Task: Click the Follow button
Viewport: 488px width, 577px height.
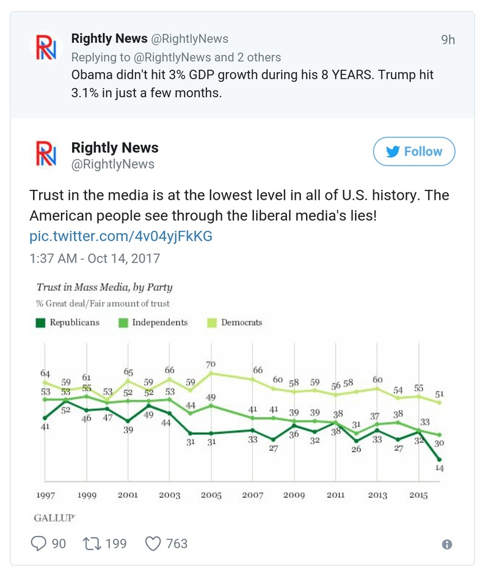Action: (413, 151)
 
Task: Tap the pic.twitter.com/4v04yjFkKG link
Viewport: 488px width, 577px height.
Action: (121, 236)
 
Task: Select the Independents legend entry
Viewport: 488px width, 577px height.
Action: (153, 322)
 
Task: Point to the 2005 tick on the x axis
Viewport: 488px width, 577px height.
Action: (211, 495)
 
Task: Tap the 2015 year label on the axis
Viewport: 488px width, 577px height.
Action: (418, 495)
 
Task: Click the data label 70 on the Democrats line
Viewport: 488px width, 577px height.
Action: (211, 365)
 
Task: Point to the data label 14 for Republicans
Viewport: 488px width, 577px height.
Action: (439, 468)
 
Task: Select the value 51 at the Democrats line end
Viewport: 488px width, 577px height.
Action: (439, 394)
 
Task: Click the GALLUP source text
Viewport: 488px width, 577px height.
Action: (54, 517)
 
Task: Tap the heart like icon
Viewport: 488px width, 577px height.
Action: (153, 543)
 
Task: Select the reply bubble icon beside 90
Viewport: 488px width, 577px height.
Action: (38, 543)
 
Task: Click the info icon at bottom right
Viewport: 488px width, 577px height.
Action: (447, 544)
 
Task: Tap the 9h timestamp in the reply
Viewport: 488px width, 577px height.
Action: (448, 40)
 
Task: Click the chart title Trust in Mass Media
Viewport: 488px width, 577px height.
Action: (104, 287)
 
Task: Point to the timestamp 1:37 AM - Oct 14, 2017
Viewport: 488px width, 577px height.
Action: (95, 258)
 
